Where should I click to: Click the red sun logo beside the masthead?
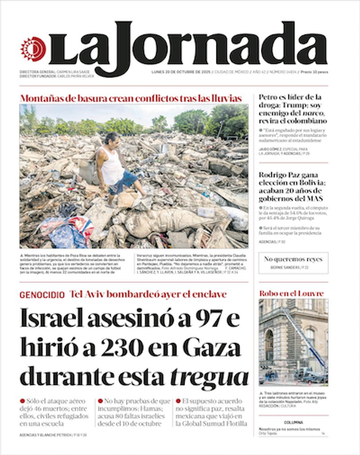33,49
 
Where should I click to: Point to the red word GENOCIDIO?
42,295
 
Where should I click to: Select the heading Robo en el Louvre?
291,294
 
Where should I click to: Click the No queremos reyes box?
293,263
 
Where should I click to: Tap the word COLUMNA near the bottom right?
293,423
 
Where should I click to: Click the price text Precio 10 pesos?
314,72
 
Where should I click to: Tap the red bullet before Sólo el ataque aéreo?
22,401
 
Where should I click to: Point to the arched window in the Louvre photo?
269,344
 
